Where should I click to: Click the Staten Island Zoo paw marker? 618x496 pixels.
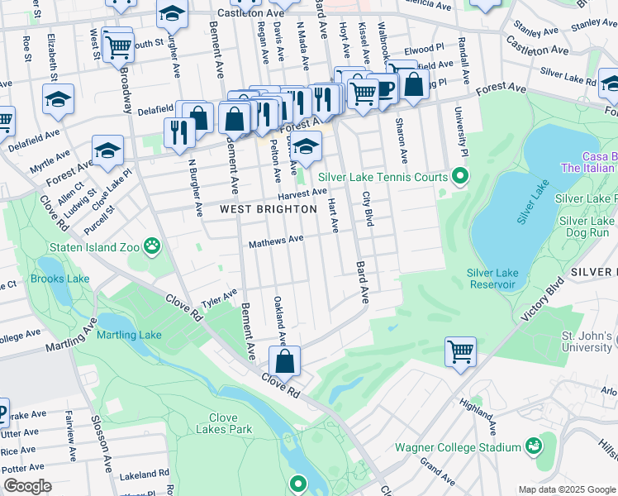coord(151,245)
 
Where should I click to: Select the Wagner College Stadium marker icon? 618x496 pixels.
coord(535,446)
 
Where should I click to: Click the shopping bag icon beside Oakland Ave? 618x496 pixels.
coord(284,361)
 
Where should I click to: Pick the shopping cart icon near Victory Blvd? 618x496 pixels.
coord(460,351)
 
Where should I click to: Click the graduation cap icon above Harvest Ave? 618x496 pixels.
coord(306,146)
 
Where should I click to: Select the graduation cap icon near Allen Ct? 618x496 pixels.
coord(107,150)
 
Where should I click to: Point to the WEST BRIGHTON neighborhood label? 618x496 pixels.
coord(269,209)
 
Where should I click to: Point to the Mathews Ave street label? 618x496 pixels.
coord(277,241)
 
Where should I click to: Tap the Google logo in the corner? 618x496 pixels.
coord(27,486)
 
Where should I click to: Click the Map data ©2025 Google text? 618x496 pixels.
coord(566,489)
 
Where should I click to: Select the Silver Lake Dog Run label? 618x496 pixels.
coord(586,227)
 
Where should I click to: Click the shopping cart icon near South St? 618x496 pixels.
coord(118,48)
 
